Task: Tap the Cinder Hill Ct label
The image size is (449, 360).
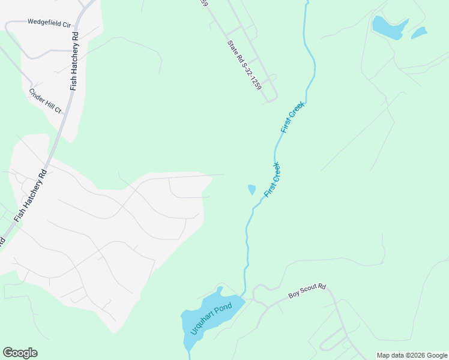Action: (46, 101)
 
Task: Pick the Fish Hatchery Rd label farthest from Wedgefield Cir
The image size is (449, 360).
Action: (31, 193)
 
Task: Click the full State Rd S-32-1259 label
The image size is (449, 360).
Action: (244, 65)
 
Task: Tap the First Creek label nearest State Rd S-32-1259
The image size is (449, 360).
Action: (292, 118)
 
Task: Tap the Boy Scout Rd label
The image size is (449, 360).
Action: (307, 292)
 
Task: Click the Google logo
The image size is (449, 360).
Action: (20, 353)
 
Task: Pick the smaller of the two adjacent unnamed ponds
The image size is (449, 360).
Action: (419, 33)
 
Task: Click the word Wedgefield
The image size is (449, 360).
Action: (40, 22)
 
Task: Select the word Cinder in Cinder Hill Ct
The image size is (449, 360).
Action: (37, 95)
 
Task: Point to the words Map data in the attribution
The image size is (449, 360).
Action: (391, 355)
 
